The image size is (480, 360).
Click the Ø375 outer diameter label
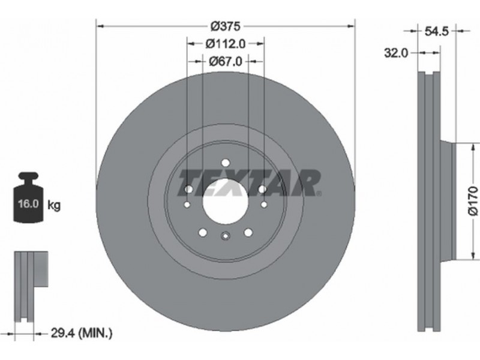226,26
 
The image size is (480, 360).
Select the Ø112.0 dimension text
226,44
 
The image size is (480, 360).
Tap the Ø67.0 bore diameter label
226,62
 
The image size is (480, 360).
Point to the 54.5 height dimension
437,31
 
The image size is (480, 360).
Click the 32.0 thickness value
397,53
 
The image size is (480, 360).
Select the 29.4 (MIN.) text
82,333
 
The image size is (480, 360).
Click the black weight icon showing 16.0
28,197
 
